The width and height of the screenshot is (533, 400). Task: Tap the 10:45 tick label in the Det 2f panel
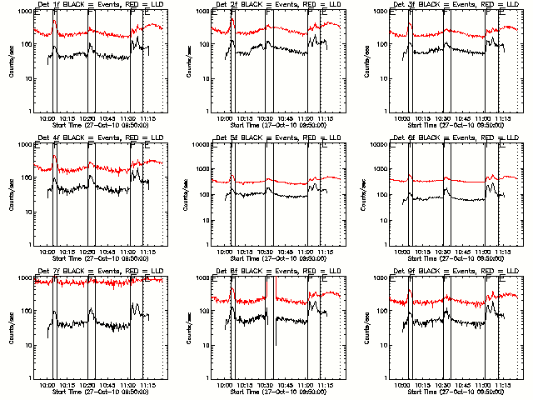click(x=291, y=118)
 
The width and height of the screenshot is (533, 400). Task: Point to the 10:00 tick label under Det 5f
click(x=226, y=252)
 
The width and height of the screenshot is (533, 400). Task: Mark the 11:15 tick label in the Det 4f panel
click(x=151, y=252)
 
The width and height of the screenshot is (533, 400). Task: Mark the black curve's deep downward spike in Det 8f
click(x=276, y=343)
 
